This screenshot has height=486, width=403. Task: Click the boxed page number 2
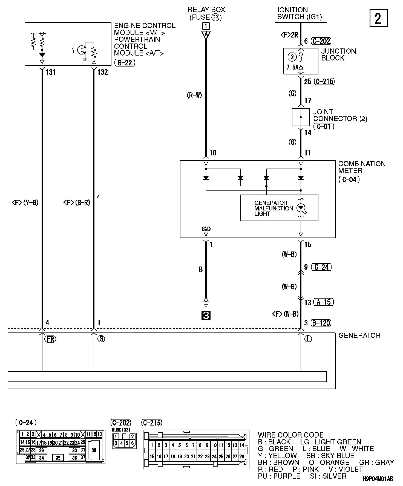(378, 18)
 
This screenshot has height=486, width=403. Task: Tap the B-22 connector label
(125, 63)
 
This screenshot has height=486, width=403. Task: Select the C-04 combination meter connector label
(349, 180)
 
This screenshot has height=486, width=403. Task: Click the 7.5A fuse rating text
(292, 67)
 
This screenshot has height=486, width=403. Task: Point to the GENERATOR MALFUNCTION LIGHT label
(274, 208)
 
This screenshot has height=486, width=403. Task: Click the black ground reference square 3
(206, 316)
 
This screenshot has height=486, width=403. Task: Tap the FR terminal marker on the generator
(50, 339)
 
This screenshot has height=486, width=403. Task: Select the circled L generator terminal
(308, 339)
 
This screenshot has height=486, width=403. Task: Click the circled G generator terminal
(101, 339)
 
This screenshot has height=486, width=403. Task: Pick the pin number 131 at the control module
(51, 72)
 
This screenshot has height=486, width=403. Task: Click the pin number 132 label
(102, 72)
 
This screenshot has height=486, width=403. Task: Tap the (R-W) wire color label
(194, 95)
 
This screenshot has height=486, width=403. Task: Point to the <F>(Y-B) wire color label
(25, 203)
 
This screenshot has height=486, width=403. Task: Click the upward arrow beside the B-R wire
(98, 203)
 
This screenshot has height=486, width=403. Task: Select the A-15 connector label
(323, 302)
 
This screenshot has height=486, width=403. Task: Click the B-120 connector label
(321, 323)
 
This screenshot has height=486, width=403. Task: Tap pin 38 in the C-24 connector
(94, 450)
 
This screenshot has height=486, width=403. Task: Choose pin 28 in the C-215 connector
(241, 456)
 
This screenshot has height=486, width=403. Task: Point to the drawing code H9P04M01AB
(378, 479)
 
